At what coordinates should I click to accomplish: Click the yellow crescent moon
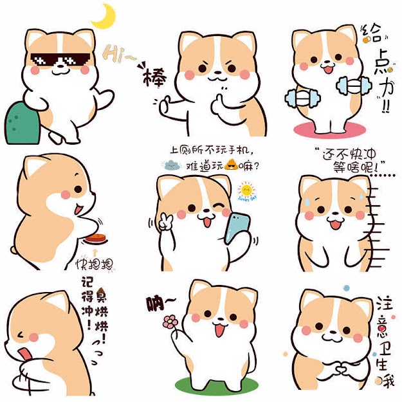[x=105, y=16]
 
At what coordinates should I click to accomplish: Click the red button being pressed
[x=95, y=239]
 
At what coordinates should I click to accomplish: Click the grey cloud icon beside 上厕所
[x=173, y=165]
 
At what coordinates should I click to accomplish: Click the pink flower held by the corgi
[x=170, y=322]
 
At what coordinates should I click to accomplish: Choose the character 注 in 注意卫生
[x=382, y=303]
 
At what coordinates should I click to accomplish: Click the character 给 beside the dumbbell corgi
[x=372, y=33]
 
